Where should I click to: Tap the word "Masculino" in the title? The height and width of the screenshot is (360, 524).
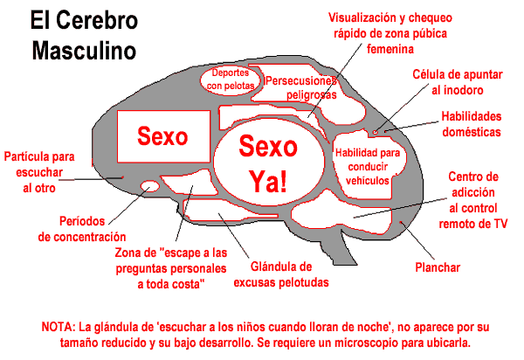click(84, 51)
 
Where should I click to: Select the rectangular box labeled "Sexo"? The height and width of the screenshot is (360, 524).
click(163, 136)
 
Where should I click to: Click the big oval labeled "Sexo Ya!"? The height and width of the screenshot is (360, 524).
click(269, 163)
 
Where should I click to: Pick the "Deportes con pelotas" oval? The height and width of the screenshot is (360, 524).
click(231, 80)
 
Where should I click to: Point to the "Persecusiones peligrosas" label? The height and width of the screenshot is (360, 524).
click(301, 87)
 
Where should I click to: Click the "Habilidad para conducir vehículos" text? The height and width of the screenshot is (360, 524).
click(368, 167)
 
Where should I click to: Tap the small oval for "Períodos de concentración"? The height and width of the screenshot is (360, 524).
click(149, 186)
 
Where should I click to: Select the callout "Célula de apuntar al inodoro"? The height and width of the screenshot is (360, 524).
click(458, 82)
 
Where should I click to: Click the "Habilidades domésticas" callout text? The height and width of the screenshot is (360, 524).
click(472, 124)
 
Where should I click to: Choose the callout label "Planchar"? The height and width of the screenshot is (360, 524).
click(438, 267)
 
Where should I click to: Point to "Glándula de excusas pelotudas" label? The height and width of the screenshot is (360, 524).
click(281, 274)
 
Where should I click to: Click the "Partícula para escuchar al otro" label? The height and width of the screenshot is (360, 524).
click(39, 172)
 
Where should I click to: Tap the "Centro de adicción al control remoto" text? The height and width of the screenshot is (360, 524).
click(473, 200)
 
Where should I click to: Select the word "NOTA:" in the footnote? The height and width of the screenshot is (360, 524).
click(59, 327)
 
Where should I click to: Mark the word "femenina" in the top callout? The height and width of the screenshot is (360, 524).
click(390, 49)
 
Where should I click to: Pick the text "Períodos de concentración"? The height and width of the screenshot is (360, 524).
click(82, 229)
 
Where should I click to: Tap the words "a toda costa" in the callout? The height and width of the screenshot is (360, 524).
click(171, 284)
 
